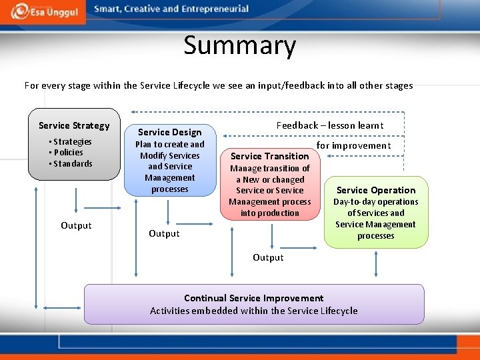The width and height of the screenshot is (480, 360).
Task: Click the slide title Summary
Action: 239,45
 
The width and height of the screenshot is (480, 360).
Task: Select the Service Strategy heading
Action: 74,125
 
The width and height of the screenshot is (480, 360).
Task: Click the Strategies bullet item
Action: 72,141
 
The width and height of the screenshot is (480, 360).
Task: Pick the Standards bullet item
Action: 72,164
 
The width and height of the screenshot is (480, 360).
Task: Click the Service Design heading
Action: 169,132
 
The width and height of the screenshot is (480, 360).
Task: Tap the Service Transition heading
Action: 269,156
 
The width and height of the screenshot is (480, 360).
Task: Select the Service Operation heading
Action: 375,190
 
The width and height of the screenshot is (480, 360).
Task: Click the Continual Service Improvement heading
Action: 253,298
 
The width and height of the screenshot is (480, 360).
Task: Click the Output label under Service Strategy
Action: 76,225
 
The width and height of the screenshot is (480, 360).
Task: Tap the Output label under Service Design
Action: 164,233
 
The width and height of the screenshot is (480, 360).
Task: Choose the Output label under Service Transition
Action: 268,257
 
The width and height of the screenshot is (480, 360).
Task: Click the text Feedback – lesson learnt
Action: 329,125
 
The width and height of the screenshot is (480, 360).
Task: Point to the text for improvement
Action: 353,145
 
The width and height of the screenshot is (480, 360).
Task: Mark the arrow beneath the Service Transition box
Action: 272,237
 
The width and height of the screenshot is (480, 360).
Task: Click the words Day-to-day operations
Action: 375,202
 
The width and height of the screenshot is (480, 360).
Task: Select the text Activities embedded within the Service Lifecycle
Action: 253,311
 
